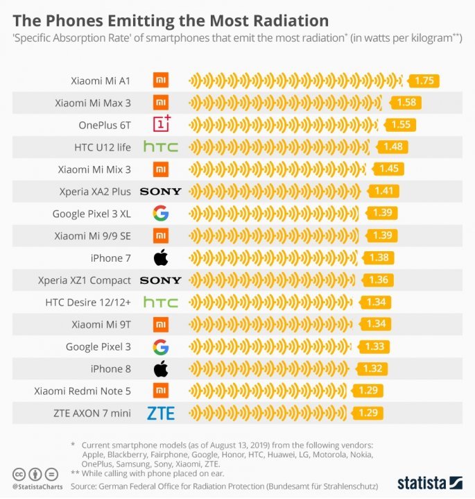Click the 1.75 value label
(424, 81)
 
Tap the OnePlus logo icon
(161, 125)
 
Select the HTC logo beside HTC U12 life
(161, 147)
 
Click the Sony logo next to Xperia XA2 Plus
(161, 192)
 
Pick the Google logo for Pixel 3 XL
(161, 213)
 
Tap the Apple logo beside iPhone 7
(161, 258)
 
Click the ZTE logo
(161, 414)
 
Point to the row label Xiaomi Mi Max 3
(93, 103)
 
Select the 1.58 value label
(406, 103)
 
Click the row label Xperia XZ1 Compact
(85, 280)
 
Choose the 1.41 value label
(383, 192)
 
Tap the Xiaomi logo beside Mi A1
(161, 81)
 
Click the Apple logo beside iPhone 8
(161, 369)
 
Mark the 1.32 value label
(371, 369)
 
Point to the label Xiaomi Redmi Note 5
(83, 391)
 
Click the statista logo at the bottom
(430, 482)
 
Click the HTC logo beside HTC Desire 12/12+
(161, 303)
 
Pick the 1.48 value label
(392, 147)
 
